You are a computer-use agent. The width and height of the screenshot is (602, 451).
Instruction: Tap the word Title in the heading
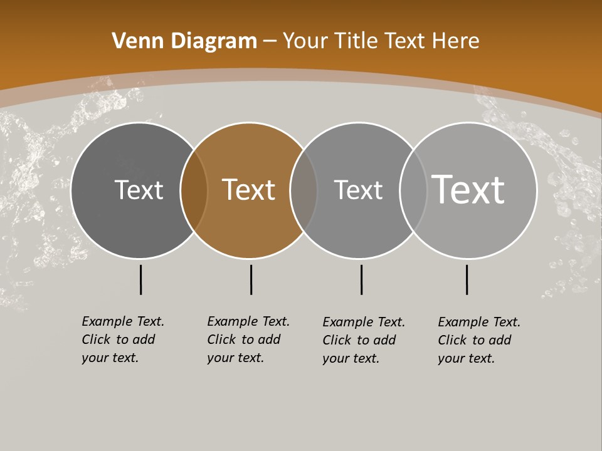click(356, 41)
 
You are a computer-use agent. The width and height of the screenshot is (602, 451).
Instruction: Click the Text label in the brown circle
click(249, 190)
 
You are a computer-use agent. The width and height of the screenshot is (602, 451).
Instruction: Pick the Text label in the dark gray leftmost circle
click(139, 190)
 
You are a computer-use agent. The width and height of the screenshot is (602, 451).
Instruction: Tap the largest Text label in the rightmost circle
click(468, 189)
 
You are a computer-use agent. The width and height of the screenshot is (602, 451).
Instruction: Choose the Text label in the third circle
click(358, 190)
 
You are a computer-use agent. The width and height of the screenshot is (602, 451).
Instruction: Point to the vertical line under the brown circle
click(251, 279)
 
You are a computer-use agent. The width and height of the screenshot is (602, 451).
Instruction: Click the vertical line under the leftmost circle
click(140, 279)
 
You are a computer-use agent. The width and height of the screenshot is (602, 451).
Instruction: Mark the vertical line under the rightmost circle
click(467, 279)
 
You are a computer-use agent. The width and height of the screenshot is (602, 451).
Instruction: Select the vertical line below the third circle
click(361, 279)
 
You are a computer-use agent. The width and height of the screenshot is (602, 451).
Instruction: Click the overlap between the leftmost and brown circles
click(194, 190)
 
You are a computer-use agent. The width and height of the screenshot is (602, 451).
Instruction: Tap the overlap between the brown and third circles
click(304, 190)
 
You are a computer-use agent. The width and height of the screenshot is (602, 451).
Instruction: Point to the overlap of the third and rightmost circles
click(413, 190)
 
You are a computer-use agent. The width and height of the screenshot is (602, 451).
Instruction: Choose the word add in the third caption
click(385, 340)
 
